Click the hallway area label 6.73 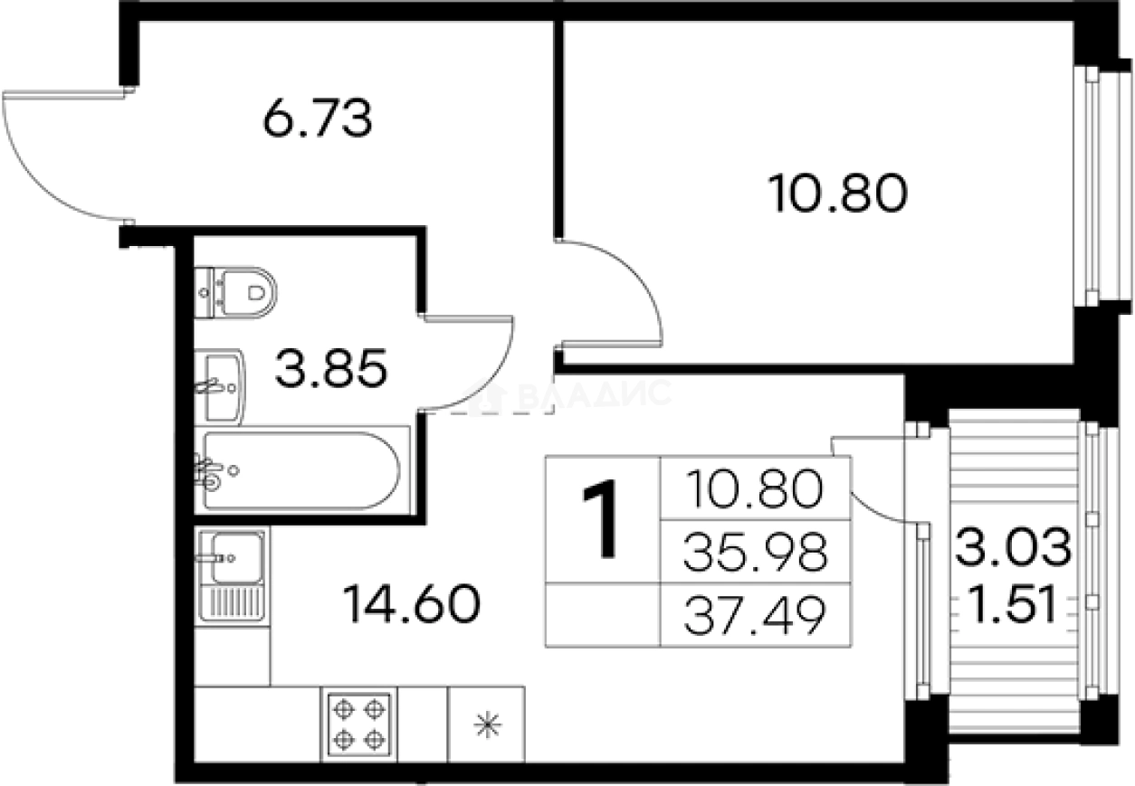318,118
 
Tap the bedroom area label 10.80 837,194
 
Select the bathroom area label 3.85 331,368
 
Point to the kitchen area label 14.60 412,603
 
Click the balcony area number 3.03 1014,546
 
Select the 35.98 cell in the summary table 755,552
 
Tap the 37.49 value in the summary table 755,615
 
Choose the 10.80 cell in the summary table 755,488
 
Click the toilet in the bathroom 235,293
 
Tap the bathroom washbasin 220,386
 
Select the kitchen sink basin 236,558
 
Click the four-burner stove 359,724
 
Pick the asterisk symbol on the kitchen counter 488,725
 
